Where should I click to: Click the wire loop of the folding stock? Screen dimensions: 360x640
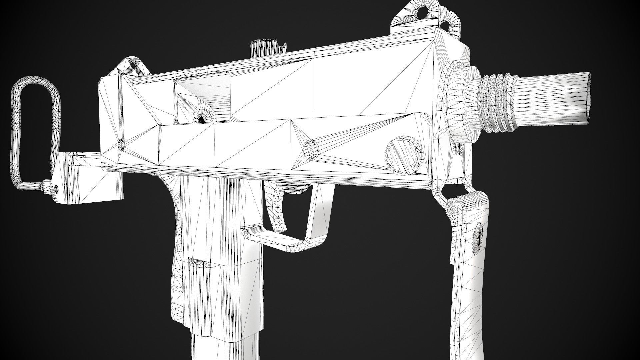click(20, 133)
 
